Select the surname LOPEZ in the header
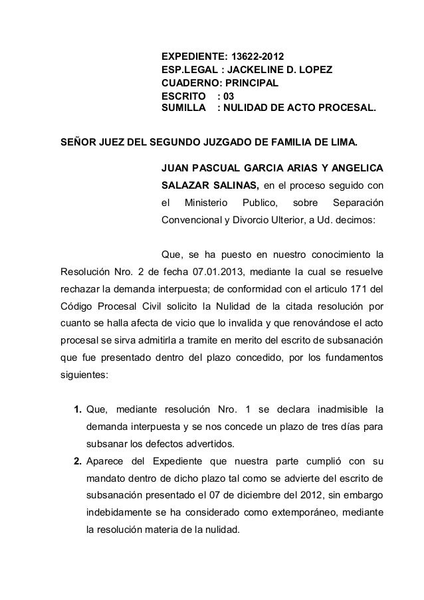313,70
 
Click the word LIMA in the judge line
342,142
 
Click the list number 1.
78,408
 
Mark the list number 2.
78,462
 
